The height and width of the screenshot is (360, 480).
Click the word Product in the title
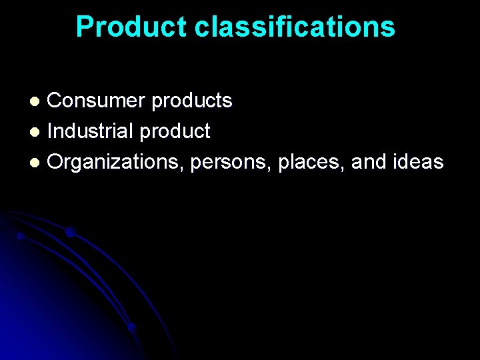pyautogui.click(x=131, y=27)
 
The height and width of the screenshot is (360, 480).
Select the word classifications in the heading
pyautogui.click(x=295, y=27)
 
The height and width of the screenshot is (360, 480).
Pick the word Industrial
pyautogui.click(x=91, y=131)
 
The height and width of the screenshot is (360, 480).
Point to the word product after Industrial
pyautogui.click(x=175, y=132)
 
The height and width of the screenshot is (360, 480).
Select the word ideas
pyautogui.click(x=419, y=162)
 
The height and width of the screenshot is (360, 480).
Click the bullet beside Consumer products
pyautogui.click(x=38, y=101)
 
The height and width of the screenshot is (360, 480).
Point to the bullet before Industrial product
pyautogui.click(x=38, y=132)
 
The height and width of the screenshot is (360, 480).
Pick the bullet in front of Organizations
pyautogui.click(x=38, y=163)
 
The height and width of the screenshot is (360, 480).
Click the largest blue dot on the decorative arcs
pyautogui.click(x=70, y=232)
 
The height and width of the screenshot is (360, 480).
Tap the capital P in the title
pyautogui.click(x=84, y=27)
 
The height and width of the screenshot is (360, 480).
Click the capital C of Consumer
pyautogui.click(x=55, y=101)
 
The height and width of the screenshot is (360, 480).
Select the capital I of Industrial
pyautogui.click(x=51, y=131)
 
